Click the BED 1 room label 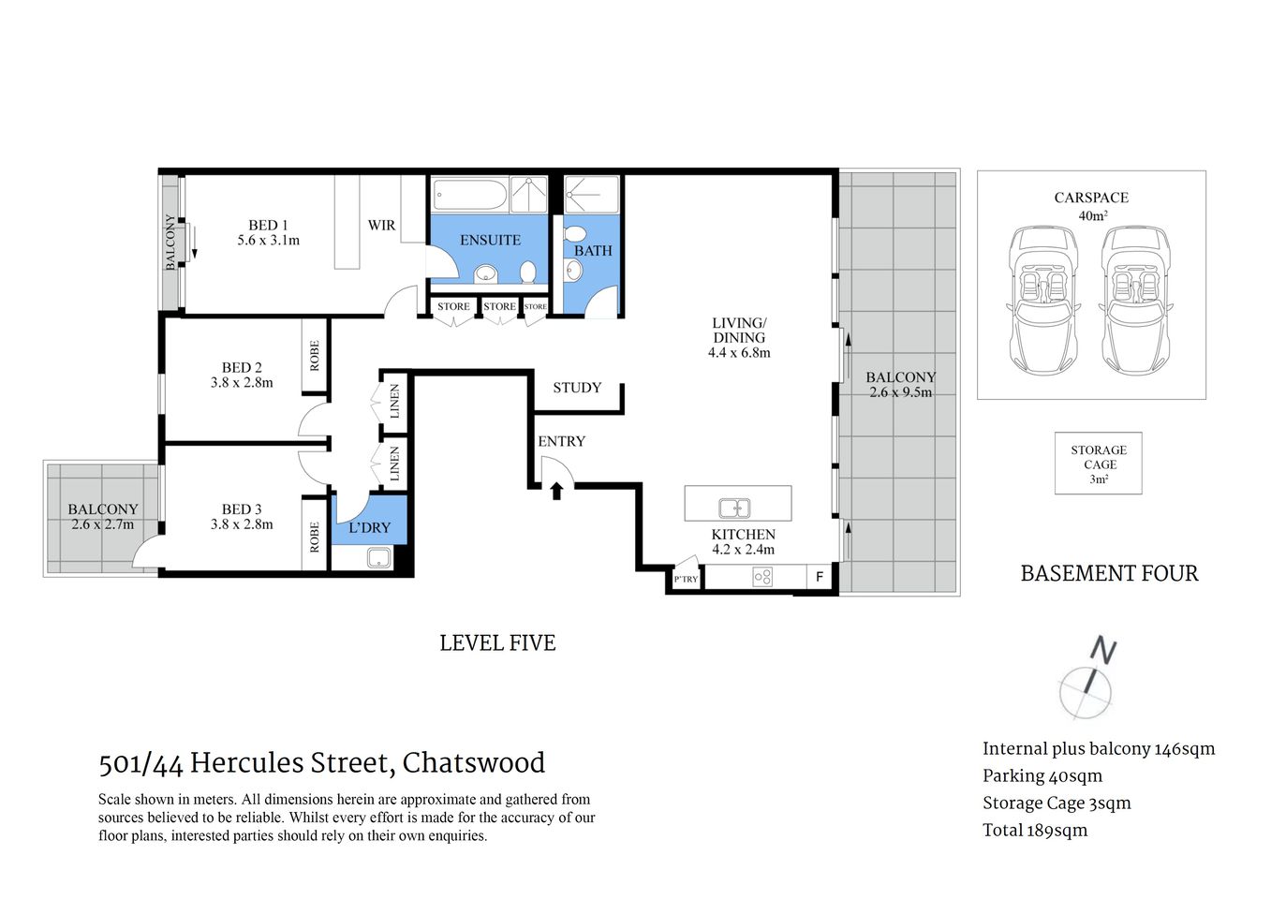pyautogui.click(x=268, y=225)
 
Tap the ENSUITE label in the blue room pyautogui.click(x=490, y=240)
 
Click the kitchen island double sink pyautogui.click(x=734, y=508)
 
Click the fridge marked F pyautogui.click(x=820, y=577)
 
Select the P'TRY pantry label pyautogui.click(x=686, y=579)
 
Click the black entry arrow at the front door pyautogui.click(x=556, y=490)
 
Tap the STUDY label pyautogui.click(x=576, y=388)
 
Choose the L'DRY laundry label pyautogui.click(x=369, y=528)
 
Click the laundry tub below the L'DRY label pyautogui.click(x=378, y=559)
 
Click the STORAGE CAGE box pyautogui.click(x=1099, y=464)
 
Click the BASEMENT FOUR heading pyautogui.click(x=1109, y=573)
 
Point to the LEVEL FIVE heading pyautogui.click(x=497, y=643)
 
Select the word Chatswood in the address pyautogui.click(x=473, y=763)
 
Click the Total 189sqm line pyautogui.click(x=1035, y=831)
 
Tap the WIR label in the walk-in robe pyautogui.click(x=381, y=226)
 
